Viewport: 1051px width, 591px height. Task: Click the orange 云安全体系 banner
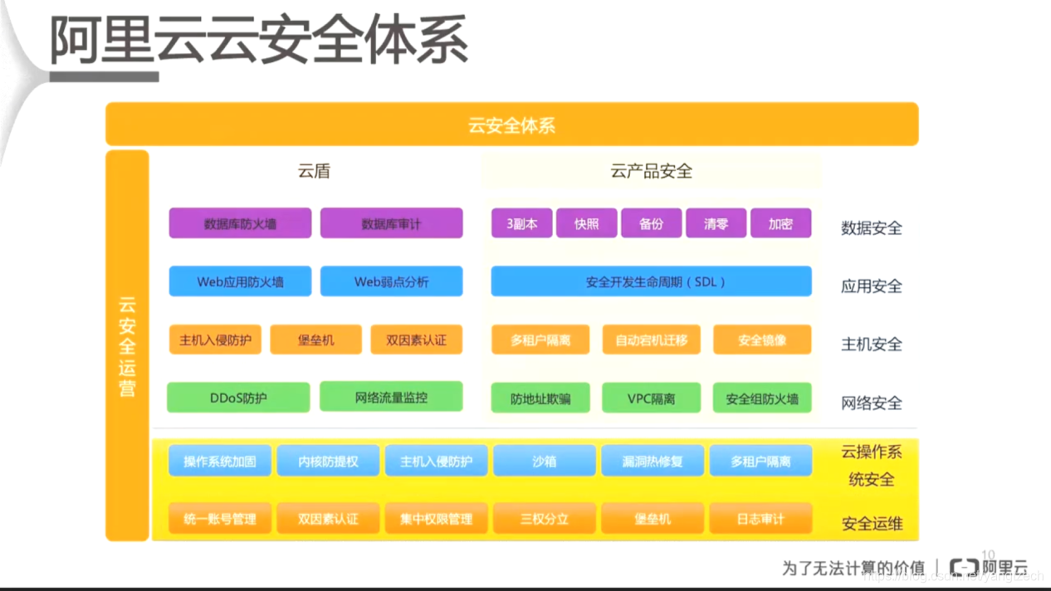(511, 125)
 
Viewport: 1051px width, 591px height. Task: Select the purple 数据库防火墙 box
(240, 223)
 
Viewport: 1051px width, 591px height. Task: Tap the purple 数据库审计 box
(391, 223)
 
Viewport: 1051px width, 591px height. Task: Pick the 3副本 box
(521, 223)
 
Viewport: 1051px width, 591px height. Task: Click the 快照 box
(586, 223)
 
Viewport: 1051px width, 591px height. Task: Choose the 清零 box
(716, 223)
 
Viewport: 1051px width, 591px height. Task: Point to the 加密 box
(780, 223)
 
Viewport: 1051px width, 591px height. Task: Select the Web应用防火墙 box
(240, 281)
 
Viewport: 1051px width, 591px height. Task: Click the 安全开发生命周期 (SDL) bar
(651, 281)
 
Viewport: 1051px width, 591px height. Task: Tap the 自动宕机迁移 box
(651, 339)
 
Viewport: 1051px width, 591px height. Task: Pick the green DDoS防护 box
(238, 398)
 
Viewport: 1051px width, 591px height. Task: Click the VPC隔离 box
(651, 398)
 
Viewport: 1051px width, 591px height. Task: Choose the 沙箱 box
(544, 461)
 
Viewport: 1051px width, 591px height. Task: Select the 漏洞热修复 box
(652, 461)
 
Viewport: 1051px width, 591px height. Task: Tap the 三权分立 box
(544, 519)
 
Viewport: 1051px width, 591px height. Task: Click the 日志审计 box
(760, 519)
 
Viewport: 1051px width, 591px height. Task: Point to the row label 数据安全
(871, 227)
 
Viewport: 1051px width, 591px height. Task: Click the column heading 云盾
(314, 171)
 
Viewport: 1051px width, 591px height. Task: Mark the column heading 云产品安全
(651, 171)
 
